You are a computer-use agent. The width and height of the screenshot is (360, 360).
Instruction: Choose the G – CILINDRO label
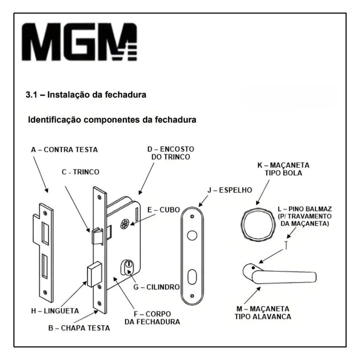pyautogui.click(x=156, y=287)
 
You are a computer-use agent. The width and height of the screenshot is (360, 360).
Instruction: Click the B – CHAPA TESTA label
pyautogui.click(x=79, y=329)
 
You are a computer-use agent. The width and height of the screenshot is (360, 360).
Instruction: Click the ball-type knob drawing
pyautogui.click(x=256, y=223)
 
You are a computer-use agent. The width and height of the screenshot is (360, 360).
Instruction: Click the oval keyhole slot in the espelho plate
pyautogui.click(x=192, y=277)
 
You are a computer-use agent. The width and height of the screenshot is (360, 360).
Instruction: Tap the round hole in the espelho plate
pyautogui.click(x=192, y=234)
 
